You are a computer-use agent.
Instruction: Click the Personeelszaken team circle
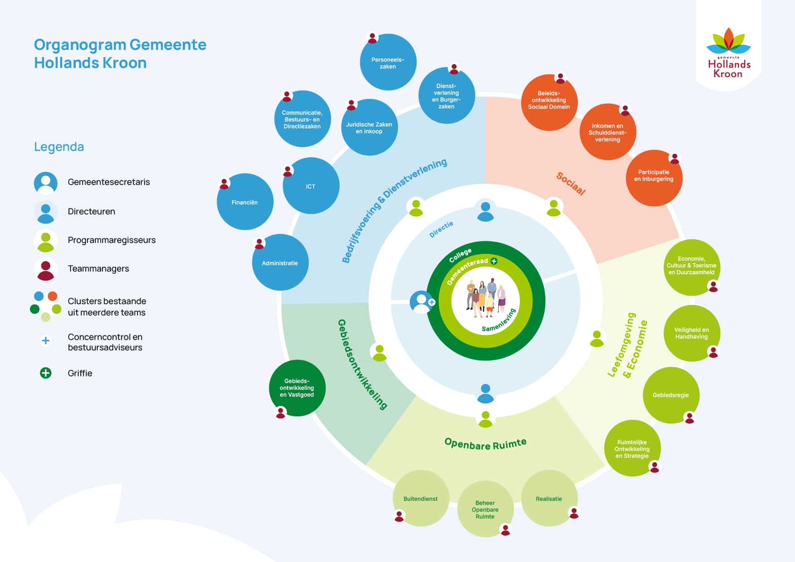(x=388, y=62)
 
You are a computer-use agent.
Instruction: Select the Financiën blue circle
(x=245, y=202)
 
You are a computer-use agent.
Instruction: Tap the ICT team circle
(x=311, y=186)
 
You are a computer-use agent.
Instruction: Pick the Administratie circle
(x=280, y=262)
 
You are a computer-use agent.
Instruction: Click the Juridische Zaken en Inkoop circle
(x=369, y=127)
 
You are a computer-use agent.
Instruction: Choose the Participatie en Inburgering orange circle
(x=654, y=178)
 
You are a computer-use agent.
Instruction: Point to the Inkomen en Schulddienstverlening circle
(x=608, y=132)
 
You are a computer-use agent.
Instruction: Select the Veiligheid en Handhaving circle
(x=692, y=333)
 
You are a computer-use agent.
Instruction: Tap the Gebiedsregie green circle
(x=671, y=395)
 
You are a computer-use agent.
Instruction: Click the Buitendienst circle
(x=421, y=498)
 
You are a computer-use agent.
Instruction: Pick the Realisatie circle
(x=549, y=498)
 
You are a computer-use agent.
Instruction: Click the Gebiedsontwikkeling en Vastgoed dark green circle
(x=297, y=388)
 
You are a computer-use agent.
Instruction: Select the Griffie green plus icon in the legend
(x=46, y=373)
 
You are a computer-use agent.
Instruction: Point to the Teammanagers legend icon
(x=46, y=269)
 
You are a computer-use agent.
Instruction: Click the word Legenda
(x=59, y=147)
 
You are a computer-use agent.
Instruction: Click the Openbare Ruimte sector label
(x=485, y=444)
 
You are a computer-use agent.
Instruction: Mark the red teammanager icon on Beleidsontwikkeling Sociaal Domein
(x=561, y=78)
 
